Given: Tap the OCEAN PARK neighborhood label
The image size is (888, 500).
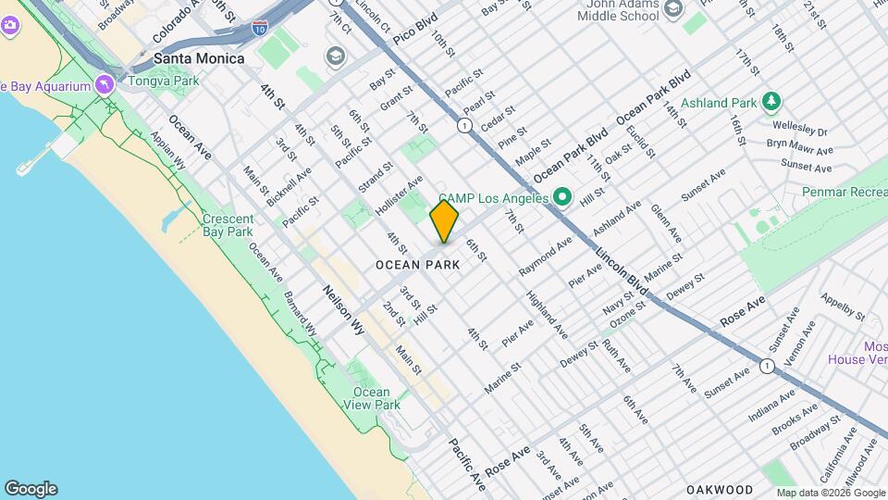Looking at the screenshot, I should point(418,265).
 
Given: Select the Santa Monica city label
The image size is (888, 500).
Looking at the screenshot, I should point(199,58).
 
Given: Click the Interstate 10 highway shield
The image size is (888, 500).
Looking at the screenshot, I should point(262,29).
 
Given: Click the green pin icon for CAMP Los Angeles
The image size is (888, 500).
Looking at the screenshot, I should point(561,197).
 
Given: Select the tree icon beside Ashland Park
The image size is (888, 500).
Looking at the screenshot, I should point(771,102).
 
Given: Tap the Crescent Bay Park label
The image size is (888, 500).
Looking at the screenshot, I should point(228,225).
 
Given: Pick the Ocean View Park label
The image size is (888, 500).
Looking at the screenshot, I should point(372,398).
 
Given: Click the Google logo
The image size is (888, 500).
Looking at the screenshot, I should point(31,488).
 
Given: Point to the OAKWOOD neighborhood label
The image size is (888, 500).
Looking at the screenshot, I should point(720,488).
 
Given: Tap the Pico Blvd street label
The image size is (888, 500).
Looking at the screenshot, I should point(413,37).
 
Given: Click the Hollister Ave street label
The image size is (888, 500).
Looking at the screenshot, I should point(400,195).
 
